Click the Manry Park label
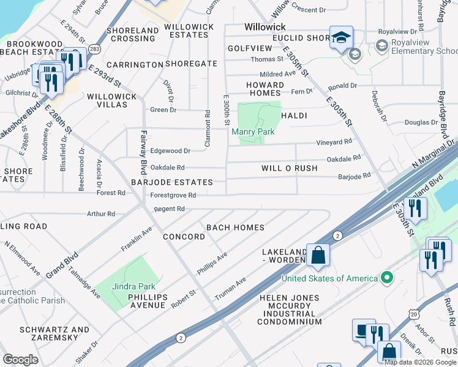click(252, 132)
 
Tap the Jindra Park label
click(134, 286)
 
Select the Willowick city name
click(265, 27)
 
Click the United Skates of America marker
click(386, 278)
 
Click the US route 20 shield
click(414, 314)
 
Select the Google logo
click(20, 360)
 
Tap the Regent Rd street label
click(169, 209)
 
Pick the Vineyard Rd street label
click(334, 142)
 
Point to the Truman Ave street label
click(230, 289)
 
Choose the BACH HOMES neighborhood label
click(235, 228)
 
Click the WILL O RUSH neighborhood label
click(290, 168)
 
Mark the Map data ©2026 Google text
click(420, 361)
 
